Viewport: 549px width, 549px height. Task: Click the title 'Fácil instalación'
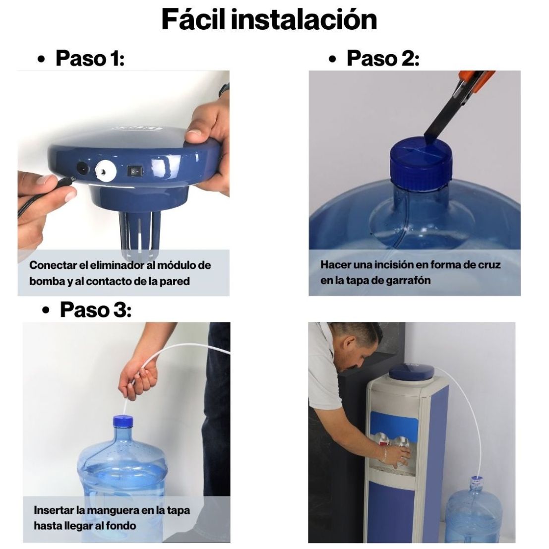[x=269, y=19]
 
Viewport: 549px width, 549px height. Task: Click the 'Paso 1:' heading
[x=89, y=58]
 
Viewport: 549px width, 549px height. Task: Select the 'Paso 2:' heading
[x=382, y=58]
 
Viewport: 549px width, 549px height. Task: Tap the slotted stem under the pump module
[x=142, y=233]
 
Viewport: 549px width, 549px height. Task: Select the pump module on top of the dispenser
[x=412, y=372]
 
